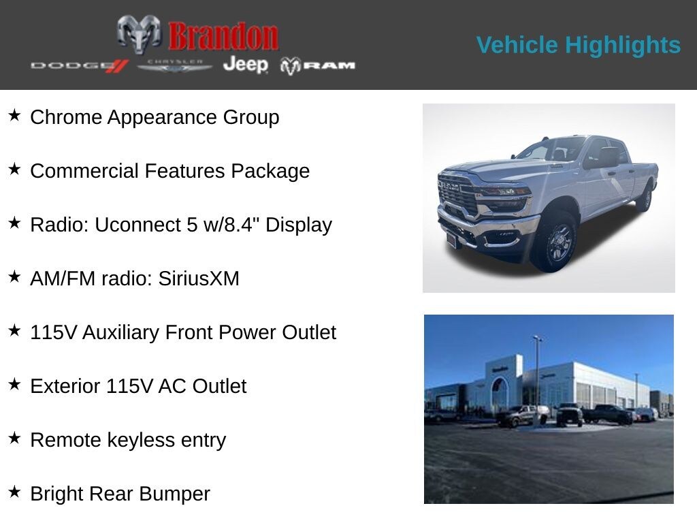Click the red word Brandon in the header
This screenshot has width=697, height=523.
point(223,36)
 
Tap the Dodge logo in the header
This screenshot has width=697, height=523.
point(80,65)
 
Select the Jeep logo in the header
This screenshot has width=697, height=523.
point(246,65)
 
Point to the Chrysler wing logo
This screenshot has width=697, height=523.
point(175,65)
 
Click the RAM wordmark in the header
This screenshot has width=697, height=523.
point(319,65)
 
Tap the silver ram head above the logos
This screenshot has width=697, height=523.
point(139,33)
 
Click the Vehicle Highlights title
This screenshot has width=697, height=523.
point(578,45)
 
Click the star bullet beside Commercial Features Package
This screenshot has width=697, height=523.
point(14,170)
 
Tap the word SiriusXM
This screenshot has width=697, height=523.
point(199,279)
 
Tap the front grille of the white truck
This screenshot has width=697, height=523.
point(457,195)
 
